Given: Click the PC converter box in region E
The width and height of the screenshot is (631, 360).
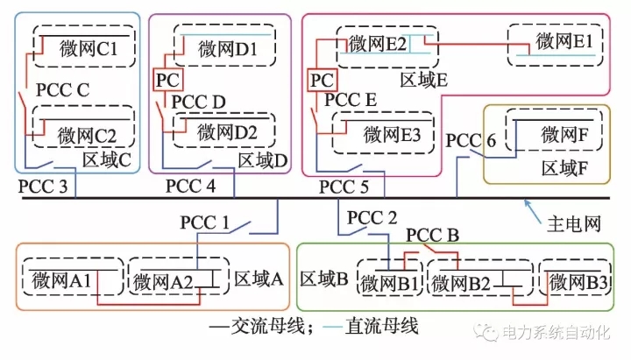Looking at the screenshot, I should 322,80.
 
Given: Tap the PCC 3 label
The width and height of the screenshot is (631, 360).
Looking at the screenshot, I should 42,187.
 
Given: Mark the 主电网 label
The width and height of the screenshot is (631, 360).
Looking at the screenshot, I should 575,224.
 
